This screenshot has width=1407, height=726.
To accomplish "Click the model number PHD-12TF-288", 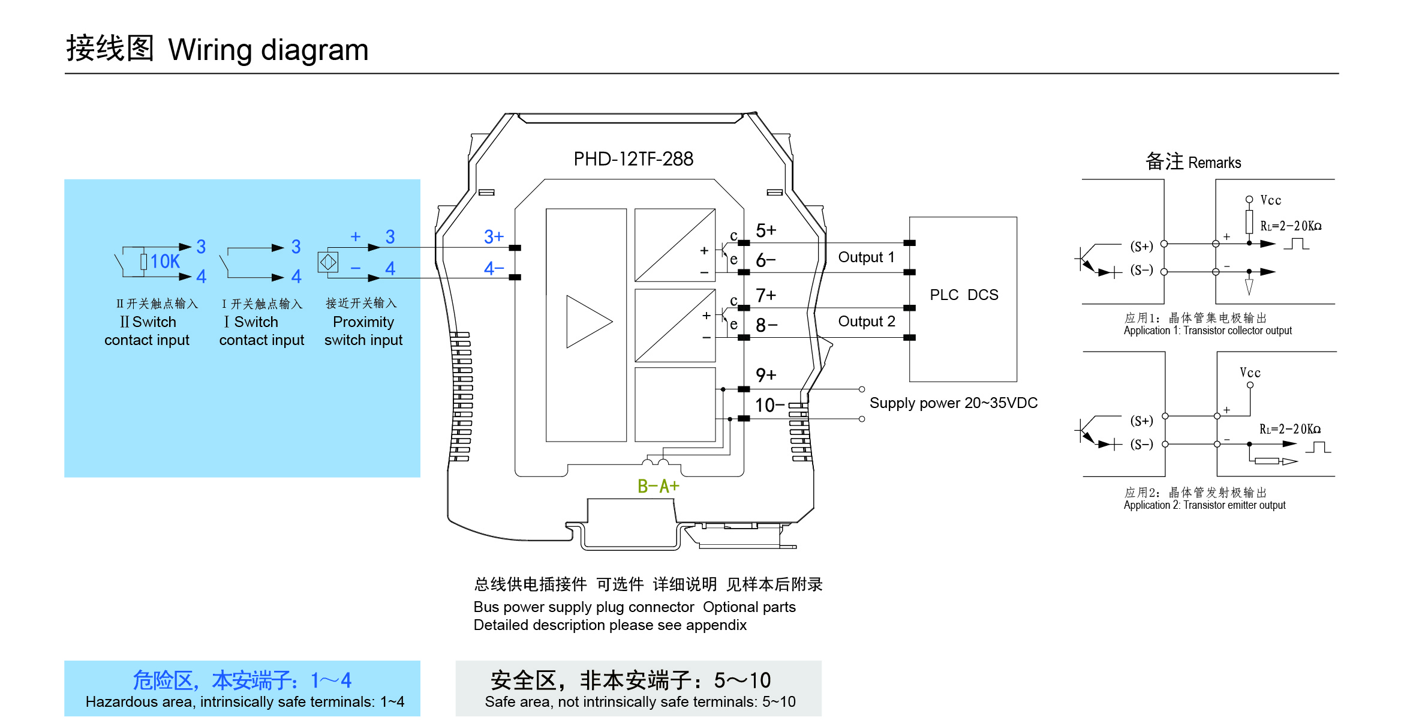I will (633, 159).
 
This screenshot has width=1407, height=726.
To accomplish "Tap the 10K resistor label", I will (165, 262).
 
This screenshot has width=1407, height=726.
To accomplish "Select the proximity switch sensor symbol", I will (328, 262).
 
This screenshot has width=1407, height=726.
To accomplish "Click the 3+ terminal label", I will (494, 237).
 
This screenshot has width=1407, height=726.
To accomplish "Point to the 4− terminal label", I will (494, 268).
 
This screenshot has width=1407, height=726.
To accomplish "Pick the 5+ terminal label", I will (766, 230).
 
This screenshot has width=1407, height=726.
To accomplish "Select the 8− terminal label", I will (766, 325).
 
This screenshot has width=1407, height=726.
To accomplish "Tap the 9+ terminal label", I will (766, 376).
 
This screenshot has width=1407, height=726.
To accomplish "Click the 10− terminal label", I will (769, 406).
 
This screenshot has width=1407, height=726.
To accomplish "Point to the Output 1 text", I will (866, 257).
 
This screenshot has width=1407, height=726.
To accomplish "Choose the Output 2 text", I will (866, 322).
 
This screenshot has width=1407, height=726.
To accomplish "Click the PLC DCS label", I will (964, 295).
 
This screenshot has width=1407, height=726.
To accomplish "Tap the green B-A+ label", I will (658, 486).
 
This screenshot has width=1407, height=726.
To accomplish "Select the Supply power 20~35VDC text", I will (953, 403).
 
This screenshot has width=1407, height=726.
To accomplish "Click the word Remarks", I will (1214, 163).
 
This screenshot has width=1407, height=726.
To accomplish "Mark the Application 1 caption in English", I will (1207, 331).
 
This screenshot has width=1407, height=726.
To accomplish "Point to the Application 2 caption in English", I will (1204, 505).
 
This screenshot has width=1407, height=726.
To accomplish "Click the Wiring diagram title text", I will (268, 50).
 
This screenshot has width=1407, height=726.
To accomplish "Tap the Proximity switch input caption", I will (363, 331).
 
